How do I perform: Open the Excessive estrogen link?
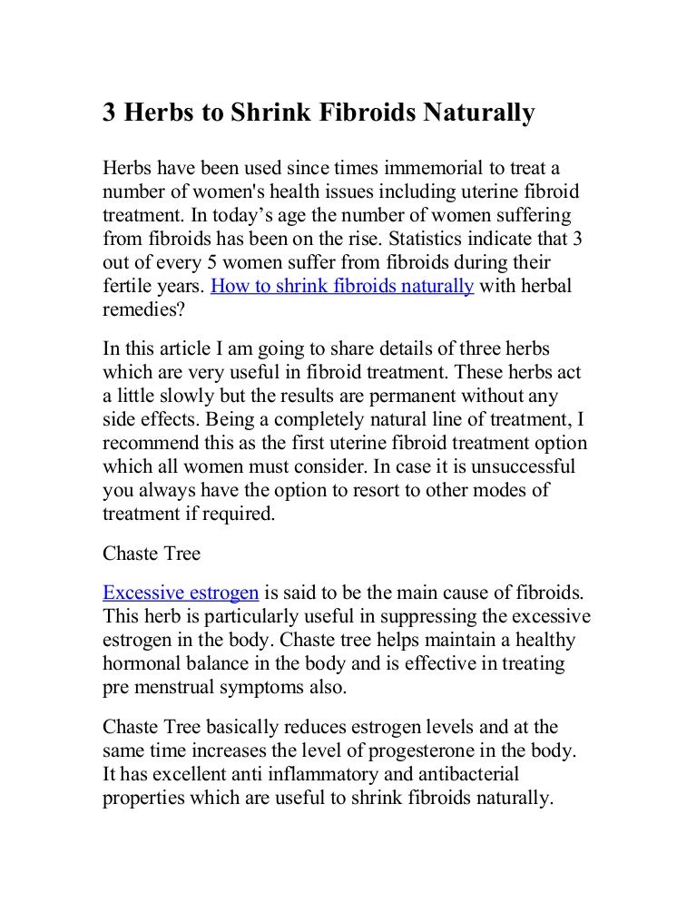[x=181, y=594]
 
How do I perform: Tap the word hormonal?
[x=142, y=665]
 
